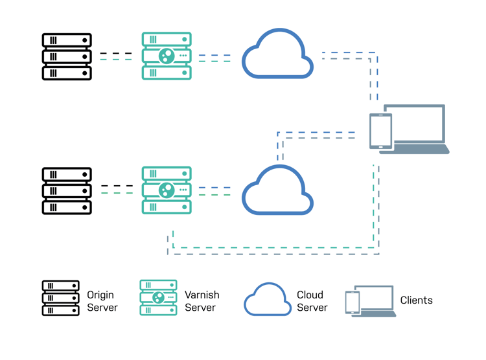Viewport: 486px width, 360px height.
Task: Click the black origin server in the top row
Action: coord(67,57)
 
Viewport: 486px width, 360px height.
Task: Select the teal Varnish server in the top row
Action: coord(167,57)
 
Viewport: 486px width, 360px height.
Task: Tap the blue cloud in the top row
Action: coord(277,57)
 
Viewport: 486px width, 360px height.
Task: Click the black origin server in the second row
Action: coord(67,191)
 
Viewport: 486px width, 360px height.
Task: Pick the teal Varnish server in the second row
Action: coord(167,191)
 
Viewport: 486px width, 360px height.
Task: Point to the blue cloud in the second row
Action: coord(277,192)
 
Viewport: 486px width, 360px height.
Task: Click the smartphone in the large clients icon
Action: coord(380,131)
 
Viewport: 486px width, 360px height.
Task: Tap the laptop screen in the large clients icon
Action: coord(415,125)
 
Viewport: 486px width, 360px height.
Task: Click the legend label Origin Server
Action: coord(102,301)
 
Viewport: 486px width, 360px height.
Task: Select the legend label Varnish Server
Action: coord(202,301)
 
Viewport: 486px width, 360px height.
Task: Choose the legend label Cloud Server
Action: coord(312,301)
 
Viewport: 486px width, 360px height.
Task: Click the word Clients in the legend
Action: coord(416,300)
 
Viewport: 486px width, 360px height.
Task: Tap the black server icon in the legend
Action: coord(61,298)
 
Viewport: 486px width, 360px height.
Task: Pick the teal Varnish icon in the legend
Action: coord(158,298)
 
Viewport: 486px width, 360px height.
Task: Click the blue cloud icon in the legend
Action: coord(267,300)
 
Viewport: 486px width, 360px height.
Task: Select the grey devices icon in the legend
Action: coord(370,301)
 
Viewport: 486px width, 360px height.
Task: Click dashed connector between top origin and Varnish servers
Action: coord(117,57)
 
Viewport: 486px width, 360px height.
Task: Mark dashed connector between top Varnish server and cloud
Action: coord(215,58)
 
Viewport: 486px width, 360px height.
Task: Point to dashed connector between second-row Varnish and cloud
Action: coord(215,191)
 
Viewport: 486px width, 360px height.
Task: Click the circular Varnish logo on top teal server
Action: coord(167,56)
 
